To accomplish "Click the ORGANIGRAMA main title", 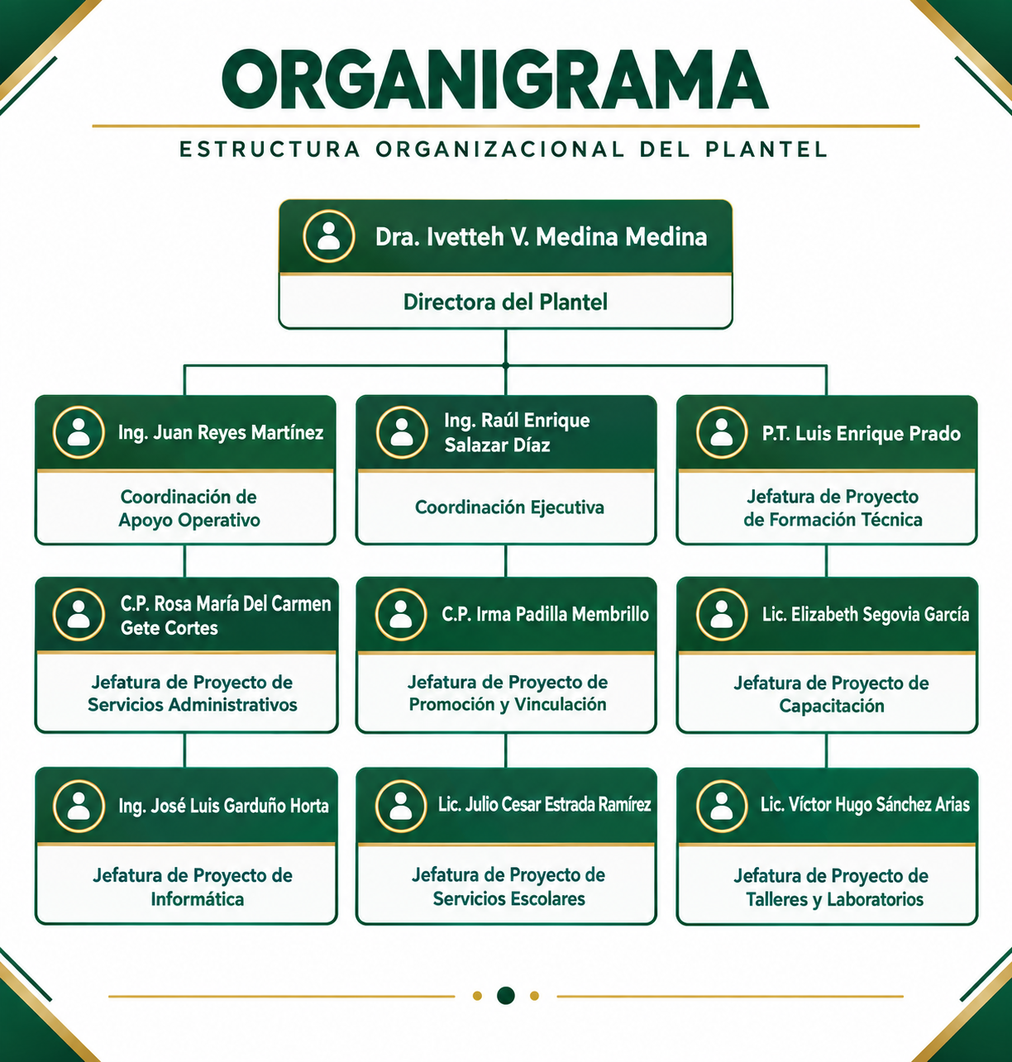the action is coord(494,80).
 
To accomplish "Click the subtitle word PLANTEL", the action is coord(766,150).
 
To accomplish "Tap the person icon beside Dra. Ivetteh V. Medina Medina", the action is coord(329,236).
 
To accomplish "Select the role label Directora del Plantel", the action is coord(505,302).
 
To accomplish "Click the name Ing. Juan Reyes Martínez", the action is coord(221,433).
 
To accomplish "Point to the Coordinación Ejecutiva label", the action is coord(509,507).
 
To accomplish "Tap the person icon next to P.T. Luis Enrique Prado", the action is coord(722,432).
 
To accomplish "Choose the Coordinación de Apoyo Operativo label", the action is coord(189,508).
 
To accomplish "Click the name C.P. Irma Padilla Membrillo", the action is coord(545,614).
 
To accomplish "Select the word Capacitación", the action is coord(832,706).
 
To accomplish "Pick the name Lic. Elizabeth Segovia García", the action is coord(866,614).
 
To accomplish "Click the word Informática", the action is coord(198,899).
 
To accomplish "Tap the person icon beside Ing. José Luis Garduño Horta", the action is coord(79,806).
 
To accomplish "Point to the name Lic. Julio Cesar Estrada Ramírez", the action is coord(544,804).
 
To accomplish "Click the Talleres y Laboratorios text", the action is coord(835,899).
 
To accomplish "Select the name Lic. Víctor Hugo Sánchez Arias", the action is coord(865,804).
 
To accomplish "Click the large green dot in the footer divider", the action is coord(505,996).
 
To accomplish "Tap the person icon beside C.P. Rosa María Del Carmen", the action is coord(79,615).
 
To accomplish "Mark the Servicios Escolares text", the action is coord(508,898).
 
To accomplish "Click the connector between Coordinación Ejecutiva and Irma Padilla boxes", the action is coord(505,560).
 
